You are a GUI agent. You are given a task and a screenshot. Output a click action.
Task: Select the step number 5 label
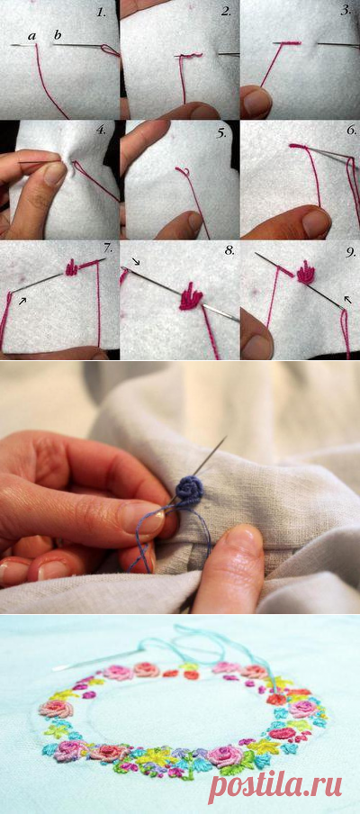tap(221, 133)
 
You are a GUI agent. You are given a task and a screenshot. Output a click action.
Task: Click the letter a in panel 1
tap(32, 36)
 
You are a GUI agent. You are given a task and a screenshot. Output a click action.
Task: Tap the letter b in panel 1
tap(57, 35)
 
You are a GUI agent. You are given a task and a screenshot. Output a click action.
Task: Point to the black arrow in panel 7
tap(22, 301)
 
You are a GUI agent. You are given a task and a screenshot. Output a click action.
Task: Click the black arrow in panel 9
tap(347, 300)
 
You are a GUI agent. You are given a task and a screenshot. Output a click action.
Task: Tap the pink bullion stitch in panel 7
tap(72, 267)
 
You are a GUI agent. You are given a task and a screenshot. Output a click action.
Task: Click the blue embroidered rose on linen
tap(188, 489)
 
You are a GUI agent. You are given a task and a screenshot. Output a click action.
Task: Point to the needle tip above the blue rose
tap(226, 437)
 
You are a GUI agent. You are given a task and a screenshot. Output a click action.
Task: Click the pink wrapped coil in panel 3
tap(287, 42)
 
